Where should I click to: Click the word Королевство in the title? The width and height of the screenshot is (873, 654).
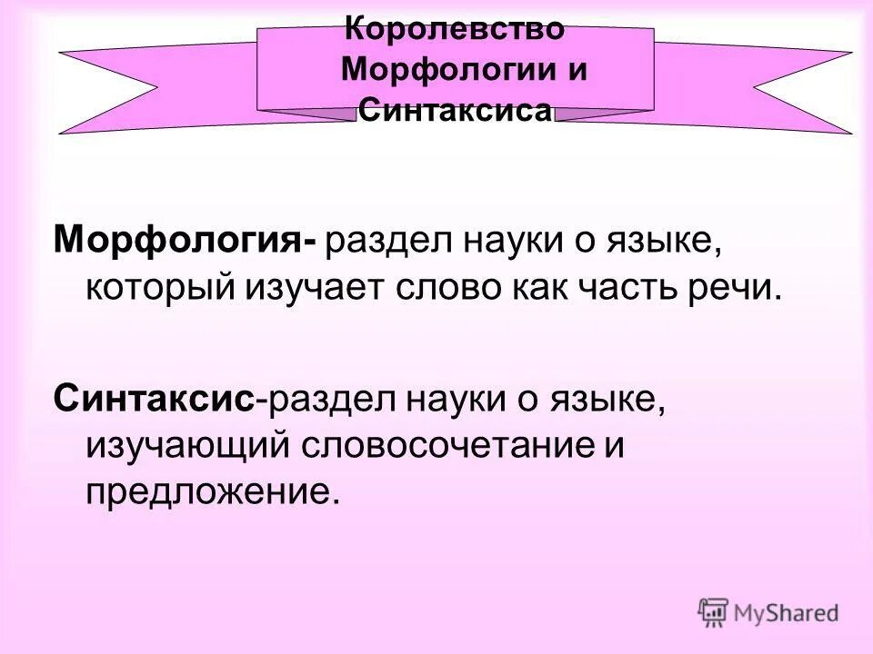point(457,28)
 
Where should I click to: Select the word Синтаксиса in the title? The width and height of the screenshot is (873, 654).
point(456,111)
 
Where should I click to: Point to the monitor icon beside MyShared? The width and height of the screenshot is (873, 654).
point(714,611)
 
